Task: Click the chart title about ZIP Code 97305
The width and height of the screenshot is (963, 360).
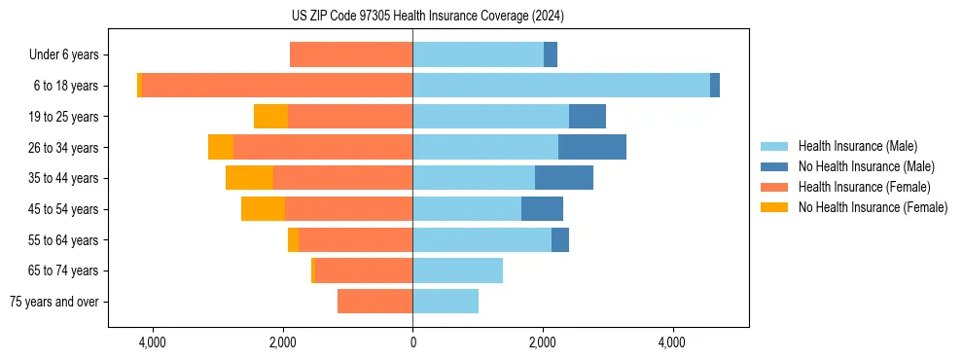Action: pyautogui.click(x=481, y=17)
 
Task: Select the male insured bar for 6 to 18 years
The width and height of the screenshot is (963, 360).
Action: pyautogui.click(x=561, y=86)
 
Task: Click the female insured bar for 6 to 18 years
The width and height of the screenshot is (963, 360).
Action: pyautogui.click(x=277, y=86)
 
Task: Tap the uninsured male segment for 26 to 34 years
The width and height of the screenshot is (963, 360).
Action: pyautogui.click(x=592, y=147)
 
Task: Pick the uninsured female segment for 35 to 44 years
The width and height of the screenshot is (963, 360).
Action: pyautogui.click(x=249, y=178)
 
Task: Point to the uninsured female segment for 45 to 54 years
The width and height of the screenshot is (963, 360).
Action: pyautogui.click(x=263, y=209)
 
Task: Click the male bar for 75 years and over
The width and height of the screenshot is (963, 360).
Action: pyautogui.click(x=446, y=302)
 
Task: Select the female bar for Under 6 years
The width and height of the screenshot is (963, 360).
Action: pyautogui.click(x=351, y=54)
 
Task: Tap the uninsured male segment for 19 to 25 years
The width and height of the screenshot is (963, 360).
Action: pyautogui.click(x=588, y=117)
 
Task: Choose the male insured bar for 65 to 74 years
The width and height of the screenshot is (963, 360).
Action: pyautogui.click(x=457, y=270)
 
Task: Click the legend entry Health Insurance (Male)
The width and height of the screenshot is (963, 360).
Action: pyautogui.click(x=857, y=146)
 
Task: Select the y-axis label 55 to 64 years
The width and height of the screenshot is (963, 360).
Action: pyautogui.click(x=63, y=240)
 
